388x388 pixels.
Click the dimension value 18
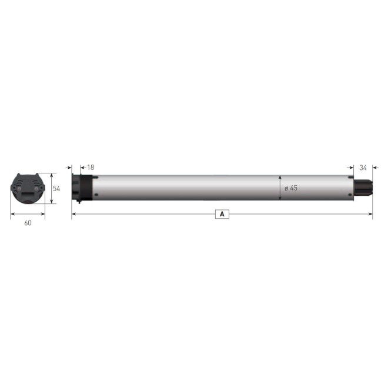tap(91, 168)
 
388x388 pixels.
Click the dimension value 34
tap(363, 168)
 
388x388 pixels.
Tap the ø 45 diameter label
tap(290, 188)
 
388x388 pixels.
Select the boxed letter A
tap(222, 215)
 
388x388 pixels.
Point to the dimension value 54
tap(57, 189)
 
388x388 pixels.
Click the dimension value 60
tap(27, 223)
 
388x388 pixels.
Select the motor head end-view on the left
tap(28, 188)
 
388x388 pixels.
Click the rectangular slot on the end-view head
tap(28, 192)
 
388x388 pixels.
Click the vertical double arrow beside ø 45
tap(280, 188)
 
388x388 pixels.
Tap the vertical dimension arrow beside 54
tap(51, 189)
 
